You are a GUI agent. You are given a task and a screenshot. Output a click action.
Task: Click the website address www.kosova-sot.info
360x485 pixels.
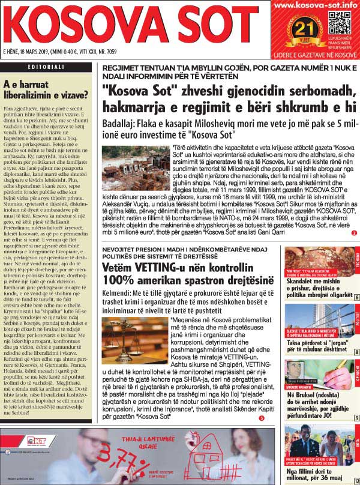(x=314, y=6)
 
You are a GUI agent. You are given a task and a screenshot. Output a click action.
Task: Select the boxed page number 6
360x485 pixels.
(x=356, y=298)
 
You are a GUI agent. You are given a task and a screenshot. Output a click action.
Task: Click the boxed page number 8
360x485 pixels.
(x=356, y=352)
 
